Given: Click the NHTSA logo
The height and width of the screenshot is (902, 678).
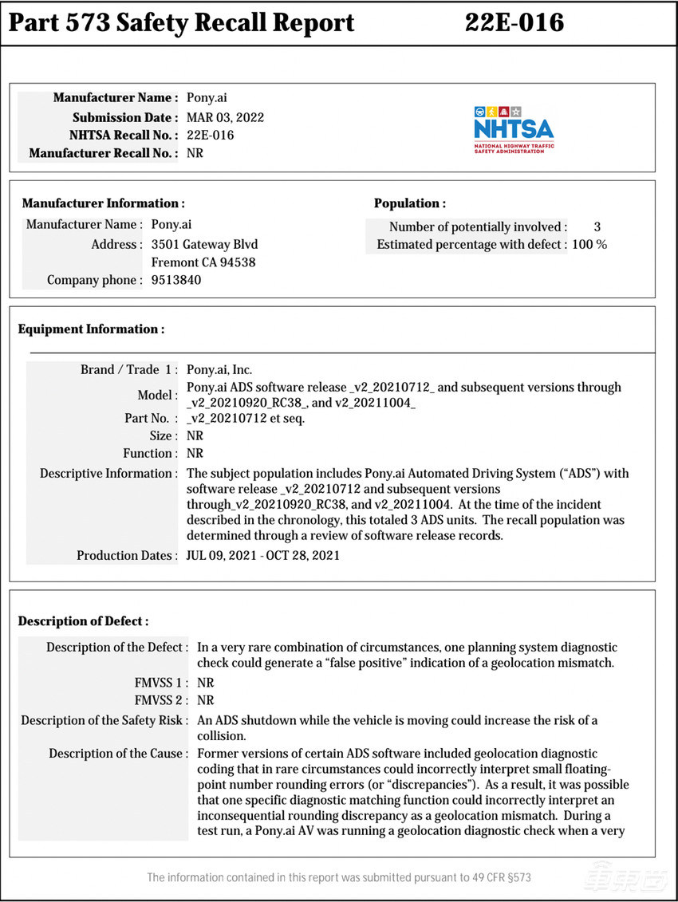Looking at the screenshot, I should [x=513, y=128].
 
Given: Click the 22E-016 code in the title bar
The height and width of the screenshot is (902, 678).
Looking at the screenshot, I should [x=514, y=23].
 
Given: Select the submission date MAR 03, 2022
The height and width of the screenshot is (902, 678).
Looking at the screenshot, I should [x=225, y=117].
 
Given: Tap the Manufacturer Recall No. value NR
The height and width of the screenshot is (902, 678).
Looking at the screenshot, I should [x=195, y=152].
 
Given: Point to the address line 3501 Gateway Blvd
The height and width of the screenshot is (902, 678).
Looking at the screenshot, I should [x=204, y=244].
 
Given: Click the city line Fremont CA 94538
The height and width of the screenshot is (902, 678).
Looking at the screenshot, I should [x=203, y=262].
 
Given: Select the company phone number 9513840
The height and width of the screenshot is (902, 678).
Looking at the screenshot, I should [x=176, y=280].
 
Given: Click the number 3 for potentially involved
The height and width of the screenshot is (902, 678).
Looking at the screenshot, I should [x=597, y=227].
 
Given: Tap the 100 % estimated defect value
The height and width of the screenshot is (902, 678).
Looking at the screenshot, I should [x=589, y=244].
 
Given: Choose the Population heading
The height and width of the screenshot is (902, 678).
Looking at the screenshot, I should [x=409, y=203].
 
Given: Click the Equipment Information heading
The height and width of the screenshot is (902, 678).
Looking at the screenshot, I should [x=91, y=329].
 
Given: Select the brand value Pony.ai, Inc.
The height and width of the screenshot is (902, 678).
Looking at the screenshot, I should [x=219, y=369].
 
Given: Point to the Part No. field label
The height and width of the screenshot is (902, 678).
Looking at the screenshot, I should [x=145, y=418].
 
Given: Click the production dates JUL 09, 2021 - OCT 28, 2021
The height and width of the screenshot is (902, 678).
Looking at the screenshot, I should [x=262, y=555].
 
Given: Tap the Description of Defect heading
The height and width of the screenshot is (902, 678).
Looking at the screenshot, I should [x=83, y=620].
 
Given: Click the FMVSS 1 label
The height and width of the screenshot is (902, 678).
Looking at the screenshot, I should [x=162, y=683].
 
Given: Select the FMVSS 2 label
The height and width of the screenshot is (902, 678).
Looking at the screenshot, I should [x=162, y=700].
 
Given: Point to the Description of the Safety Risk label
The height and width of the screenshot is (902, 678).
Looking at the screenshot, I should [x=104, y=721].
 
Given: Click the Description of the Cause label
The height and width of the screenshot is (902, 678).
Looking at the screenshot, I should [x=118, y=753].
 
